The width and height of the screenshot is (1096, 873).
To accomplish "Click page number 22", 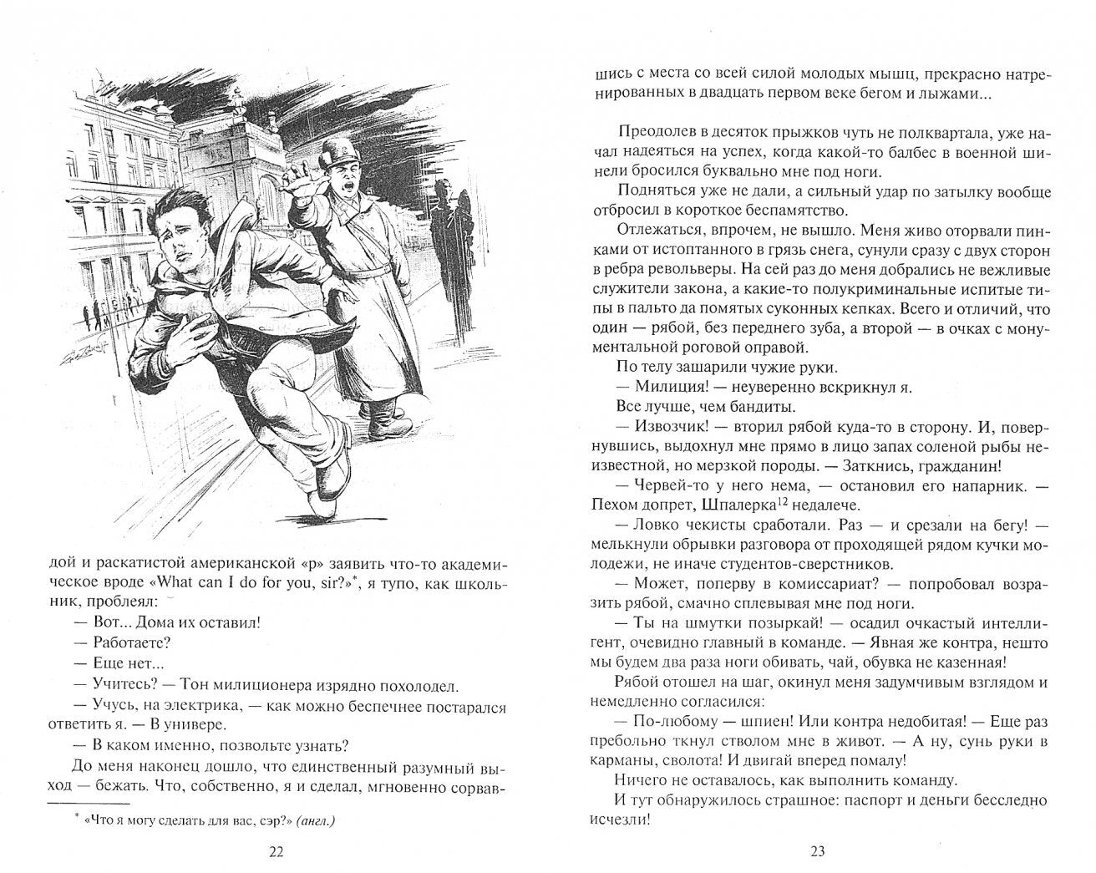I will pyautogui.click(x=277, y=851).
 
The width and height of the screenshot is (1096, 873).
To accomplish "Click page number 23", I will pyautogui.click(x=818, y=851).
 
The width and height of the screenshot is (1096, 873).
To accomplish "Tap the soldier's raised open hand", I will pyautogui.click(x=298, y=179).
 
